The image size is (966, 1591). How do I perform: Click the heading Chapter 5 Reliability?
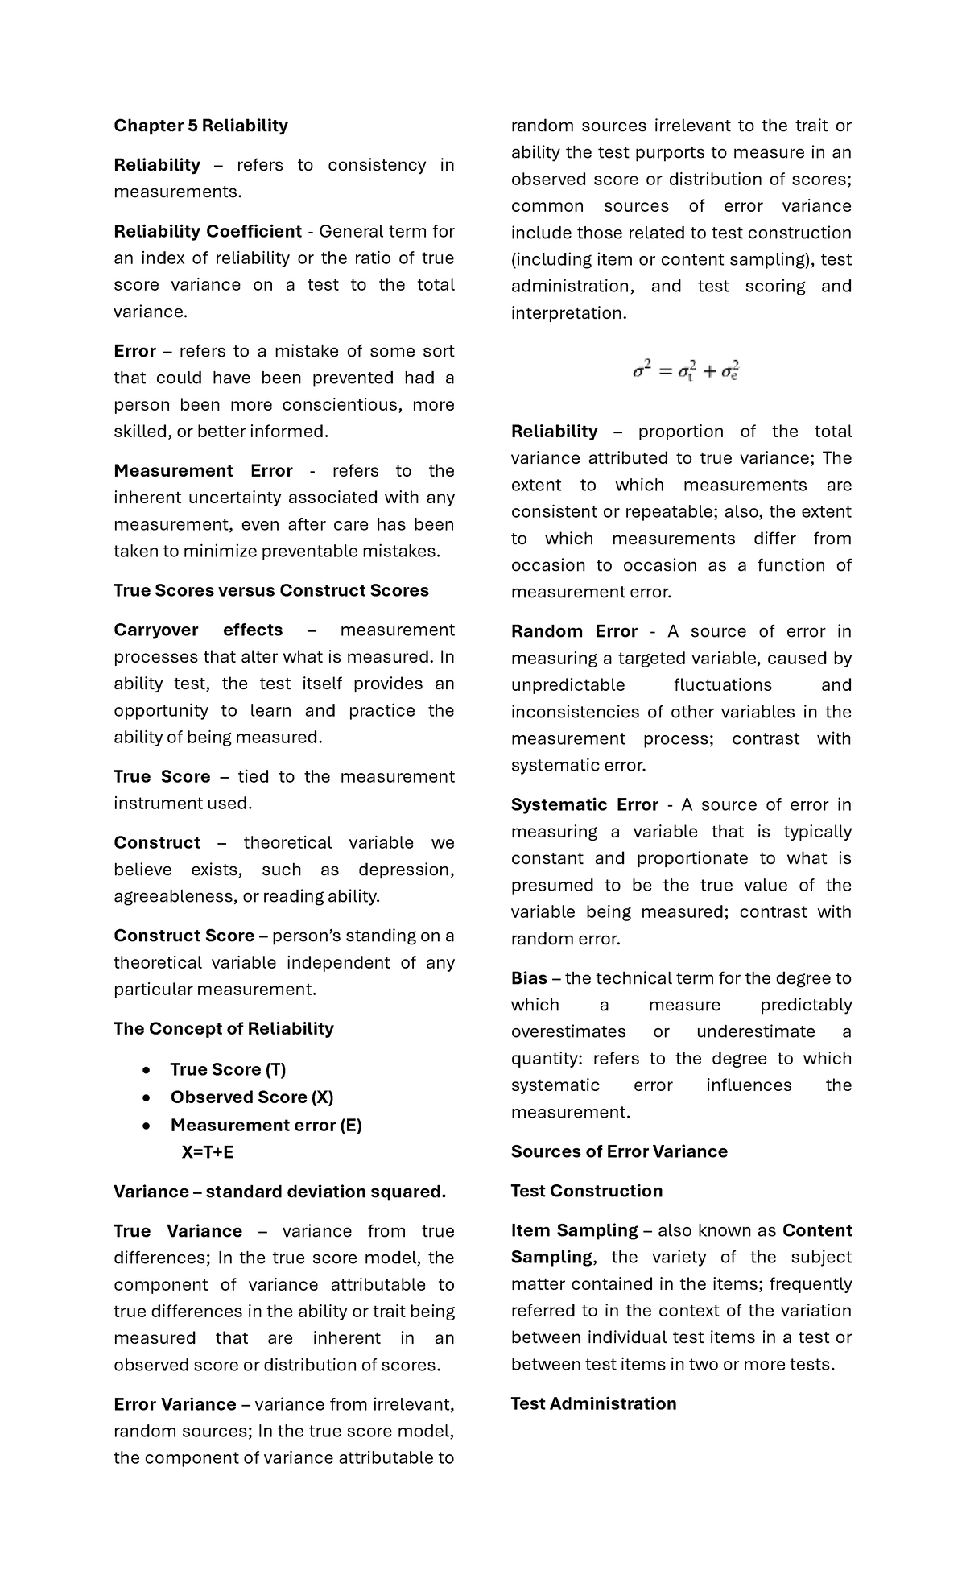200,126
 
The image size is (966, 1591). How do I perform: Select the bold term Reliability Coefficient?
207,232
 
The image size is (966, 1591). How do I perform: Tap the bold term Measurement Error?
203,471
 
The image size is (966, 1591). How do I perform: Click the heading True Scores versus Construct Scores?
270,591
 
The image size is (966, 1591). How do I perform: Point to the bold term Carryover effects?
198,630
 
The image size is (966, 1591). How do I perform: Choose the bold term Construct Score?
184,936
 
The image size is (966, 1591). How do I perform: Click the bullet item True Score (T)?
228,1070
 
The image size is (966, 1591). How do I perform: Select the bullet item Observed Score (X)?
251,1097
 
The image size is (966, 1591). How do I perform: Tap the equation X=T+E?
208,1152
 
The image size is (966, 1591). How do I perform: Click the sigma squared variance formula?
686,371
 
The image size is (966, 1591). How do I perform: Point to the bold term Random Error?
574,632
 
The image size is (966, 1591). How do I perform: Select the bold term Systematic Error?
584,805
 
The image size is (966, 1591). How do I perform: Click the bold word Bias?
529,979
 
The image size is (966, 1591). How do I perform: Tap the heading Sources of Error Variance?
619,1152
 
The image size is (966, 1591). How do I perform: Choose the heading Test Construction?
587,1192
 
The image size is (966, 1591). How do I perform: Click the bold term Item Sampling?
574,1231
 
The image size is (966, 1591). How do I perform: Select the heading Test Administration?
593,1404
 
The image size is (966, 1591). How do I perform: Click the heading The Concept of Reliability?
223,1029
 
